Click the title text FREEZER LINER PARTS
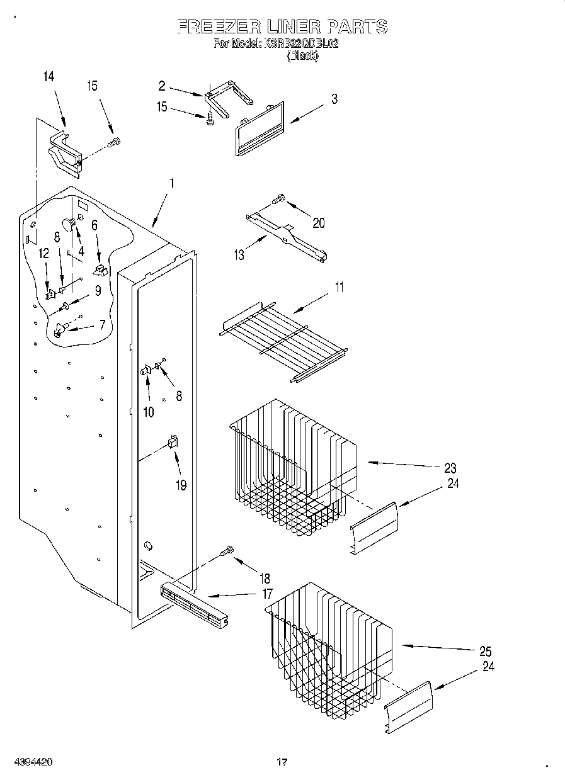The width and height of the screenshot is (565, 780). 282,26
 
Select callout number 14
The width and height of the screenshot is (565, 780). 49,77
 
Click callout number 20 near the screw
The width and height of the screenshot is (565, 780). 319,223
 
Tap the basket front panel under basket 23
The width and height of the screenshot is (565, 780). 374,528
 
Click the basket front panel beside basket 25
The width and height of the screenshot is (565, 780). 409,706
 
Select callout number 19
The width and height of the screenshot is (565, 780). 181,486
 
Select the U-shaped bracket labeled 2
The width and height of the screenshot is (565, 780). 227,94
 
